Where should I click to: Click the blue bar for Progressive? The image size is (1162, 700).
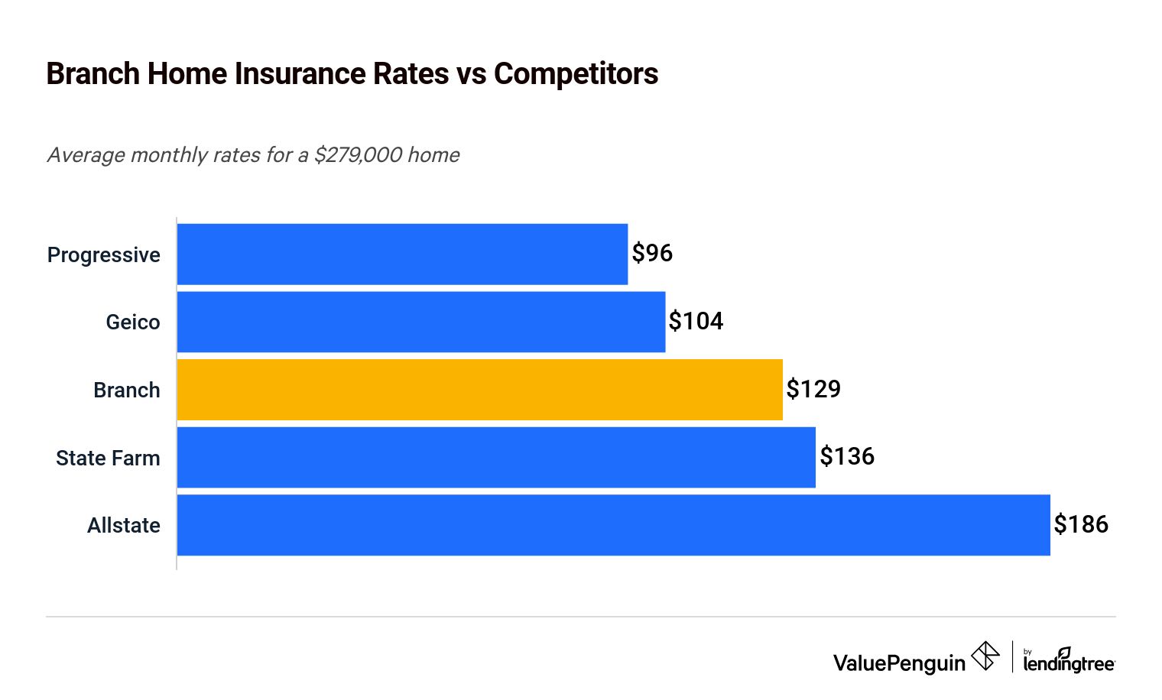click(402, 254)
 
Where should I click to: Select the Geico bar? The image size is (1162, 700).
click(421, 322)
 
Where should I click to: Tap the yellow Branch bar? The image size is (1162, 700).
click(479, 390)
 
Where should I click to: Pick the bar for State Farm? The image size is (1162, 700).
click(496, 457)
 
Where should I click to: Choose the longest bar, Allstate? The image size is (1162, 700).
click(613, 525)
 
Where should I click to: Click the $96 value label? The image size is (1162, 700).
click(652, 253)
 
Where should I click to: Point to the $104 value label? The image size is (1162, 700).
click(696, 321)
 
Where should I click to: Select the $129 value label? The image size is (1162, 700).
click(813, 389)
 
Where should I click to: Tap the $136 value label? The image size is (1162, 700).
click(847, 456)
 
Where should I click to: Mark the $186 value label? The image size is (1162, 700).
click(1081, 524)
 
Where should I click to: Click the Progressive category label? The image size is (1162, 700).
click(104, 255)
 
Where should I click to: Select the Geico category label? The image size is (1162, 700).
click(133, 322)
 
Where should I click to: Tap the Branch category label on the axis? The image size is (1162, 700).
click(127, 391)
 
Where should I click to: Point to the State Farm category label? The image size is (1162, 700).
click(108, 458)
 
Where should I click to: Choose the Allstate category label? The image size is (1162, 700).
click(124, 526)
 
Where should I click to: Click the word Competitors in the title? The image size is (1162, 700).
click(576, 74)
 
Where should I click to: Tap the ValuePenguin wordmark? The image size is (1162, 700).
click(899, 663)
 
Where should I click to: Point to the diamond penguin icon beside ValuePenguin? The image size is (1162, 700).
click(985, 656)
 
